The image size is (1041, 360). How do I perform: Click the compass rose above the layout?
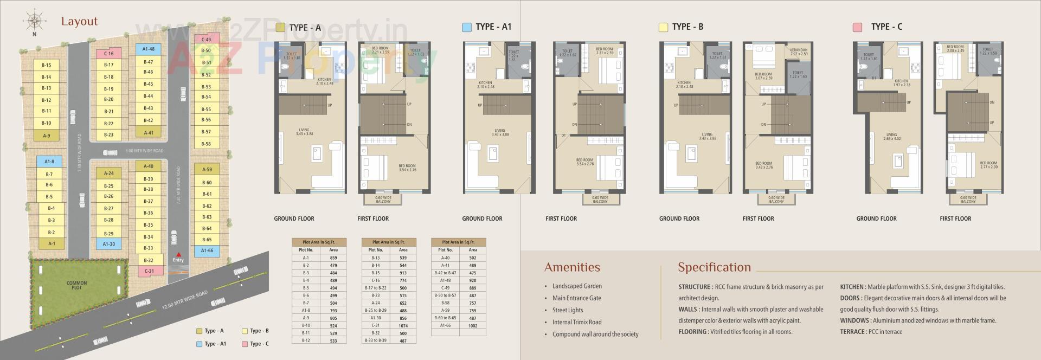[x=34, y=21]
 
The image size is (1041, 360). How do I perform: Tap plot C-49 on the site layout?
[x=206, y=39]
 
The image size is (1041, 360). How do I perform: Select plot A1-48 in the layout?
[x=148, y=49]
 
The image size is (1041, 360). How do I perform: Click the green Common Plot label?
[x=76, y=285]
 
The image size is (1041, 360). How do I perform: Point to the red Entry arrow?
[x=178, y=254]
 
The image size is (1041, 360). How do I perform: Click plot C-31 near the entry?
[x=149, y=271]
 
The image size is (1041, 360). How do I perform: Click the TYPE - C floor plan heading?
[x=886, y=27]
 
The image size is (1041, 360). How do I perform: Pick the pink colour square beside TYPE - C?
[x=857, y=27]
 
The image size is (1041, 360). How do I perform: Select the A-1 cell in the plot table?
[x=306, y=258]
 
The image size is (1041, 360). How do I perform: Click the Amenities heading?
[x=572, y=267]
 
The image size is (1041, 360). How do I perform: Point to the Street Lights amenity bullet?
[x=568, y=310]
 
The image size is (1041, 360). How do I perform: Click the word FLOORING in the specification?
[x=692, y=332]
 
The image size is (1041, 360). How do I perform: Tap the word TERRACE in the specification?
[x=852, y=332]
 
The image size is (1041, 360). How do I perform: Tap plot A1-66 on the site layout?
[x=207, y=250]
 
